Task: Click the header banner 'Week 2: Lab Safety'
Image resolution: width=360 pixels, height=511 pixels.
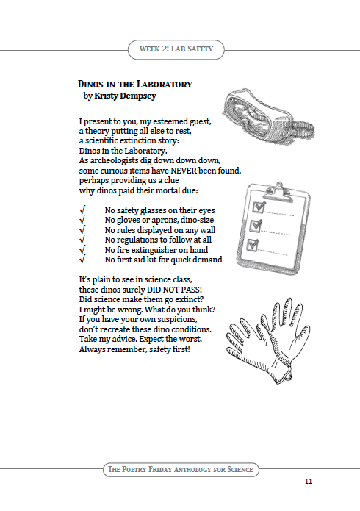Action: [180, 49]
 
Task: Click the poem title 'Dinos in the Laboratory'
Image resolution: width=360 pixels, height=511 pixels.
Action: [134, 85]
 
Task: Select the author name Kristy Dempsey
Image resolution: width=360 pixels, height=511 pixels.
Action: [125, 96]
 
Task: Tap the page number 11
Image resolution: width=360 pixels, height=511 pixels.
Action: [309, 481]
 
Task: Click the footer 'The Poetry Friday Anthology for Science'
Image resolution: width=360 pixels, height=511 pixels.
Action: [180, 469]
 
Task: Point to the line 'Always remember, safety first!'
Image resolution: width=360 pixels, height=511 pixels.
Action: [134, 349]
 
